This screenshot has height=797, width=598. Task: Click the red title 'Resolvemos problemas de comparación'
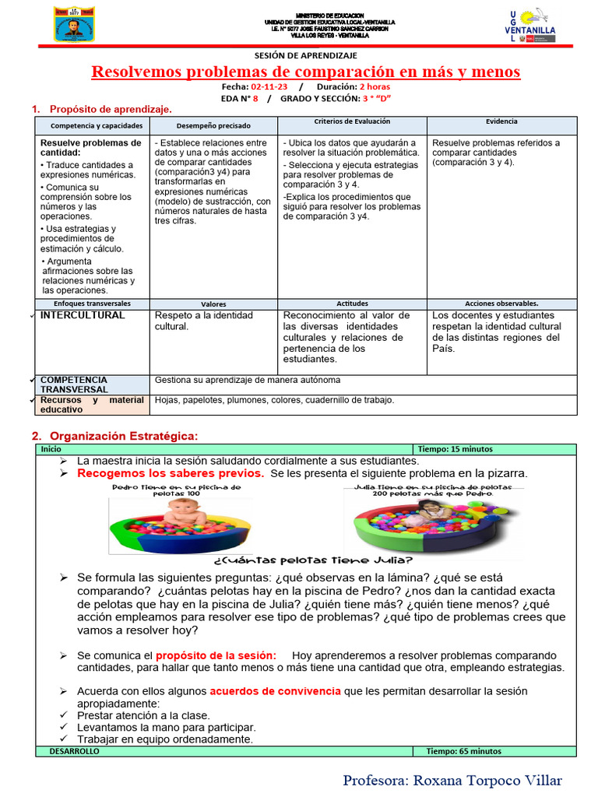click(305, 72)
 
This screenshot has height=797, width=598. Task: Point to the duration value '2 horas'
click(375, 87)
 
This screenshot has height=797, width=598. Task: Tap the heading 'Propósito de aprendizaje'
click(111, 110)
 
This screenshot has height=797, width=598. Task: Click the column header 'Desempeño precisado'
click(213, 125)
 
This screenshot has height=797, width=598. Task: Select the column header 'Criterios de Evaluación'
click(352, 122)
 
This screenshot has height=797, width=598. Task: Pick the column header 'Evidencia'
click(501, 122)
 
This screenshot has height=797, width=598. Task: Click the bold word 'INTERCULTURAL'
click(83, 315)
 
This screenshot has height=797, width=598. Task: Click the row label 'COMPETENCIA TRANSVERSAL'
click(74, 384)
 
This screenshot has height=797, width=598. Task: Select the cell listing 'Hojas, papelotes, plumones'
click(275, 400)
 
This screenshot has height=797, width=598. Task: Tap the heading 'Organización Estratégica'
click(125, 436)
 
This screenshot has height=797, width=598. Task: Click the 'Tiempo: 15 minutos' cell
click(456, 449)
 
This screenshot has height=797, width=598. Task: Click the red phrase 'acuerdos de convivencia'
click(275, 690)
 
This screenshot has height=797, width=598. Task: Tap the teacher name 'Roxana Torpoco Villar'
click(452, 780)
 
